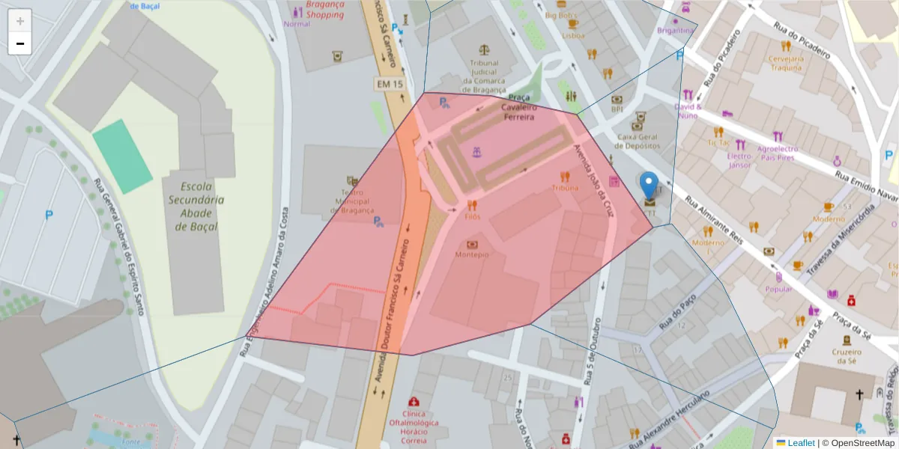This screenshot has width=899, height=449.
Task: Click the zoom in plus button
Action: pos(20,20)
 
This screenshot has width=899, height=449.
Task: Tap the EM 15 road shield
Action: pos(390,84)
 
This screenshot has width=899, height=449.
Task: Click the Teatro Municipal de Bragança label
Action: pos(347,201)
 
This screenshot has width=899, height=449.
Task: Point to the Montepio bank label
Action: pos(472,254)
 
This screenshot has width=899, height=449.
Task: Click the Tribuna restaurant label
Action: pos(565,189)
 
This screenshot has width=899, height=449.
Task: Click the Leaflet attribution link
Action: pos(800,443)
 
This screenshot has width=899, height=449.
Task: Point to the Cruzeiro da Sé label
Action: pos(845,356)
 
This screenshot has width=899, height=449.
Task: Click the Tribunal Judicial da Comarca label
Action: pos(485,76)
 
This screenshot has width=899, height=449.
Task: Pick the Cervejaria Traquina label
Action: pos(786,63)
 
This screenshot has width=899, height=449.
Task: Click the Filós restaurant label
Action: pos(472,216)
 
